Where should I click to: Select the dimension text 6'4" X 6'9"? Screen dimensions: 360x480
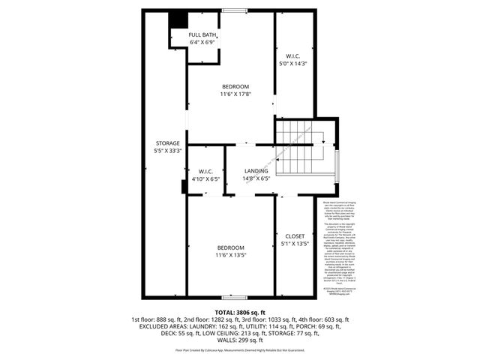[x=202, y=42]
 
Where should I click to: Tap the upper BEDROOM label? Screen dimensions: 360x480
[x=235, y=86]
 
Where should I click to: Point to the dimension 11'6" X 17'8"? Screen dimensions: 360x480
[x=235, y=94]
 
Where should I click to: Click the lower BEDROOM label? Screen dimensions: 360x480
[x=231, y=247]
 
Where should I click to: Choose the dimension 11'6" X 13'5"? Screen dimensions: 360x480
[x=231, y=255]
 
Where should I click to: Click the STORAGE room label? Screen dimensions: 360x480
[x=167, y=142]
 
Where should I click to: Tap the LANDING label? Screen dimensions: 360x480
[x=256, y=171]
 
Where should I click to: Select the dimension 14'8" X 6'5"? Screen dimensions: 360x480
[x=256, y=178]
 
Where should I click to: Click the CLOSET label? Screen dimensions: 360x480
[x=294, y=235]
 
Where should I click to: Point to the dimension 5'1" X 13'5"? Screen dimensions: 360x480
[x=294, y=243]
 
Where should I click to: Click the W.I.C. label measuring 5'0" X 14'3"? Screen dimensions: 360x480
[x=293, y=55]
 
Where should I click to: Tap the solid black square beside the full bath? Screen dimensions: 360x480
[x=176, y=19]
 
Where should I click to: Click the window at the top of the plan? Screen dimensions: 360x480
[x=235, y=10]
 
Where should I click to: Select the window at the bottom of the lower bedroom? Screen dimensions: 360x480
[x=235, y=298]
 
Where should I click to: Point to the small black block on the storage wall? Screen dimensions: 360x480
[x=184, y=187]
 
